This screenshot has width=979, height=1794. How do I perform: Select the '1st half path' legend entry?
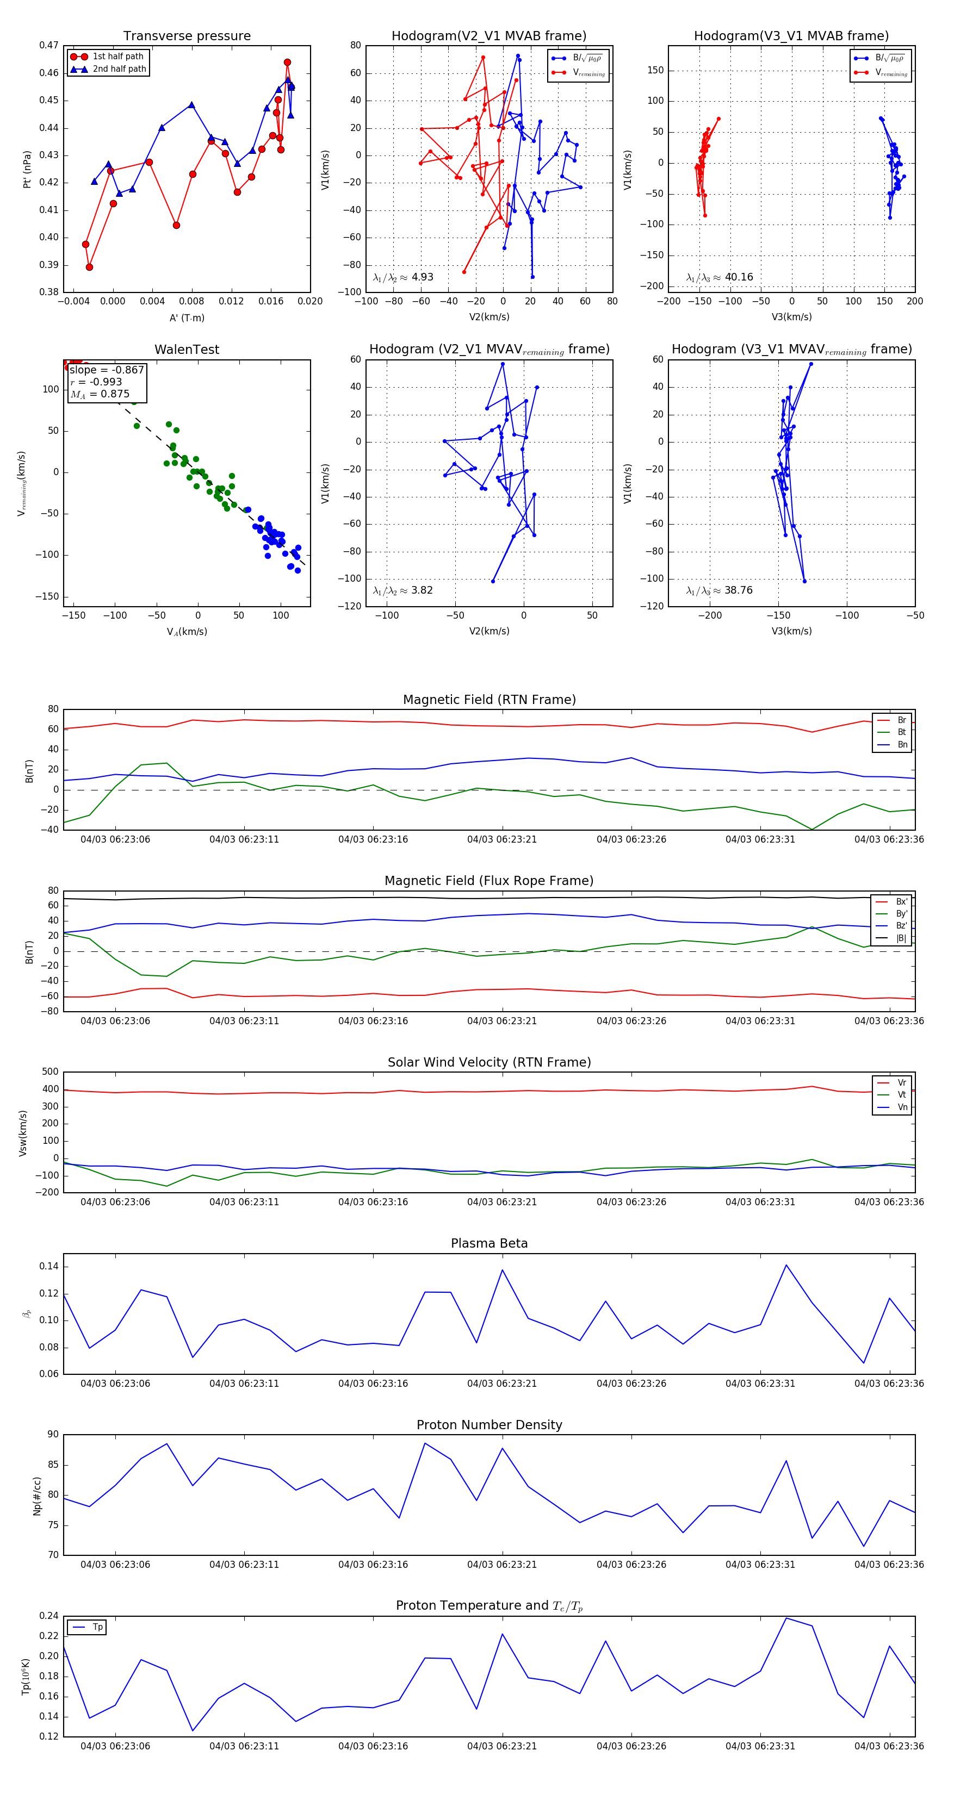[118, 57]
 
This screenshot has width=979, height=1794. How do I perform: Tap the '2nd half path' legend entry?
[119, 69]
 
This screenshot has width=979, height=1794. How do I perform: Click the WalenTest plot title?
[187, 350]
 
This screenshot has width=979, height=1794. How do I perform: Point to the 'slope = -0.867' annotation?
[107, 370]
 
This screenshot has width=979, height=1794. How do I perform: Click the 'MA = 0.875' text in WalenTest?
[100, 394]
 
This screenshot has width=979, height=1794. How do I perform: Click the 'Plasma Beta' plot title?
[489, 1243]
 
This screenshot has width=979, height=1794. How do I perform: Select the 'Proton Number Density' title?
[489, 1424]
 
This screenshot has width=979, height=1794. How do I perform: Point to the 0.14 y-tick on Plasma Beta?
[49, 1266]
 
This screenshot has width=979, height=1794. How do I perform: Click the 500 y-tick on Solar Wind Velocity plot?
[50, 1072]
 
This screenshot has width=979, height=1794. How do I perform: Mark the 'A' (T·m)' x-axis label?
[187, 318]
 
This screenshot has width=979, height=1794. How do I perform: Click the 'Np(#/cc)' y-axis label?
[38, 1496]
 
